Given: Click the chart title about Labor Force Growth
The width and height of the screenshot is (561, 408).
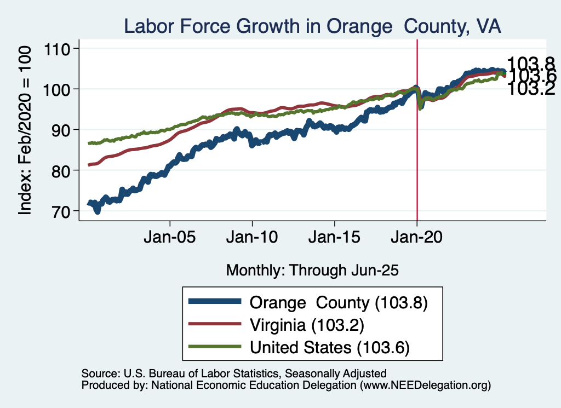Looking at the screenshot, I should click(x=312, y=26).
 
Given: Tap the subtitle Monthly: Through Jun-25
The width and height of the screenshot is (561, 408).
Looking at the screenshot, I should click(x=312, y=270).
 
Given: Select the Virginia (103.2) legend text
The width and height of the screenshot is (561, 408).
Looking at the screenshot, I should click(x=307, y=324).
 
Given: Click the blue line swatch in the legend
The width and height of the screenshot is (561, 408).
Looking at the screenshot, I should click(x=214, y=302).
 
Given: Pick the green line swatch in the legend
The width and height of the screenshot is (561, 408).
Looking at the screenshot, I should click(x=214, y=347).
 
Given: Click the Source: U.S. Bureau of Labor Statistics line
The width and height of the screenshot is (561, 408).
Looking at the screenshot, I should click(x=234, y=373).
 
